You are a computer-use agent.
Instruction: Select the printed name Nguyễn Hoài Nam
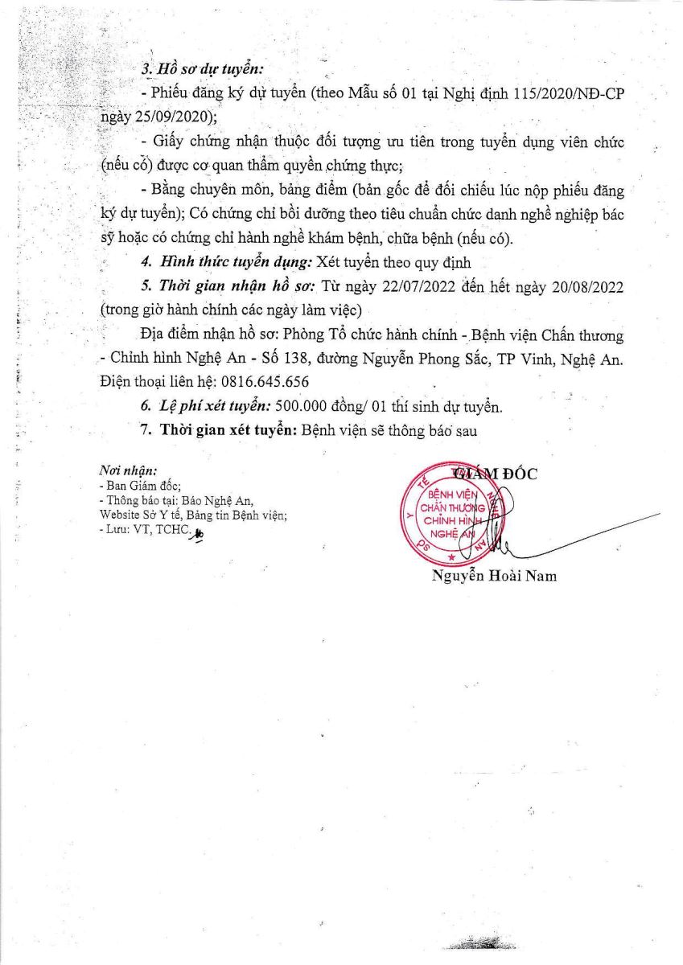pyautogui.click(x=494, y=576)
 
